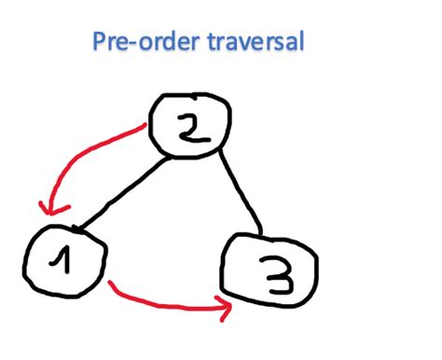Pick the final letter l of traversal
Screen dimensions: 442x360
click(x=300, y=42)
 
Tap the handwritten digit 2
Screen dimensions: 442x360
click(x=192, y=129)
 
